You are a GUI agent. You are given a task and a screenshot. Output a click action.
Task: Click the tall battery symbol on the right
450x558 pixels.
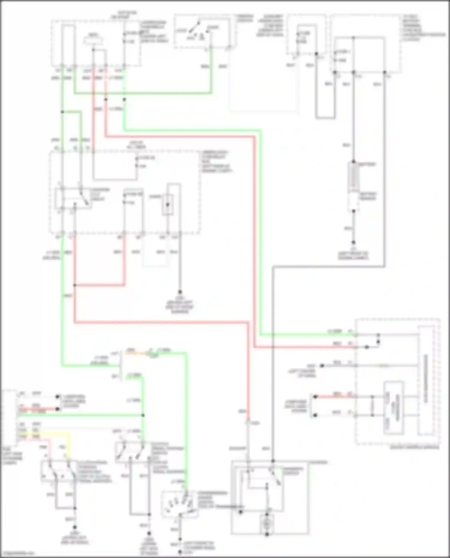point(353,177)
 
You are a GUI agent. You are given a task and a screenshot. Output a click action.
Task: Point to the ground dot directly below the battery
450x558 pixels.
point(353,242)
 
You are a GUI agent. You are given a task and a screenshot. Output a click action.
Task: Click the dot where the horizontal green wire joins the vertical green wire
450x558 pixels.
point(143,415)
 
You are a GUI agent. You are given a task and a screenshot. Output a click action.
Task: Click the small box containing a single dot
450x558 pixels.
point(167,204)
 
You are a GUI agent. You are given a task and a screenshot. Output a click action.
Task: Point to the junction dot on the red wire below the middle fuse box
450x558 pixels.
point(75,285)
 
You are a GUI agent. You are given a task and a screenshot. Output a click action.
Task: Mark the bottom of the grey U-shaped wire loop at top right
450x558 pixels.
point(325,118)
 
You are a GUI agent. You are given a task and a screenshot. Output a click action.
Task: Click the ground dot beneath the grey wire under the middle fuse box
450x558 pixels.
point(180,292)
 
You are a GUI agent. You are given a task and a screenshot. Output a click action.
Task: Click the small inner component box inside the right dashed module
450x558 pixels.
point(394,408)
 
